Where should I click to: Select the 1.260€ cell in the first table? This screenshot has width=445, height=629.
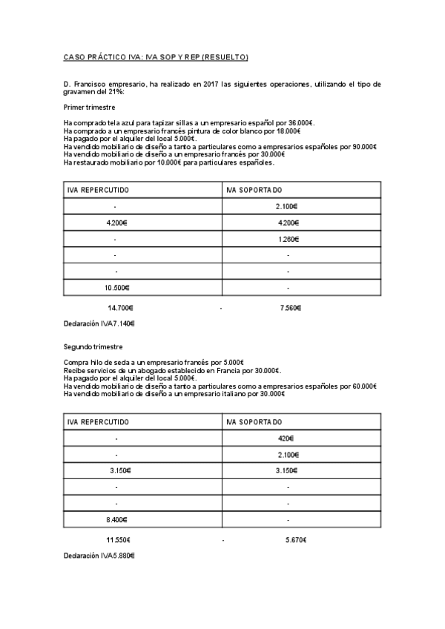coord(288,239)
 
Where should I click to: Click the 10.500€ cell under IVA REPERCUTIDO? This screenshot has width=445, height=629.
coord(116,288)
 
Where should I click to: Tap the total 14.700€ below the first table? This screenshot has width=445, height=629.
coord(120,308)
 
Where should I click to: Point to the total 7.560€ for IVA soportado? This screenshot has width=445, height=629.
coord(291,308)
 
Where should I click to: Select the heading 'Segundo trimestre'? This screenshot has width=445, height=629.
coord(93,347)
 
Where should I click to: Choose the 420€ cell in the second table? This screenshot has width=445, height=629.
coord(286,438)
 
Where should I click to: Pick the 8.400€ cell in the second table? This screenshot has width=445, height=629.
coord(116,520)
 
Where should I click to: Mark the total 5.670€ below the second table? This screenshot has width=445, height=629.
coord(295,540)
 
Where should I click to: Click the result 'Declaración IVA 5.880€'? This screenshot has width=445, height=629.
coord(99,556)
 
